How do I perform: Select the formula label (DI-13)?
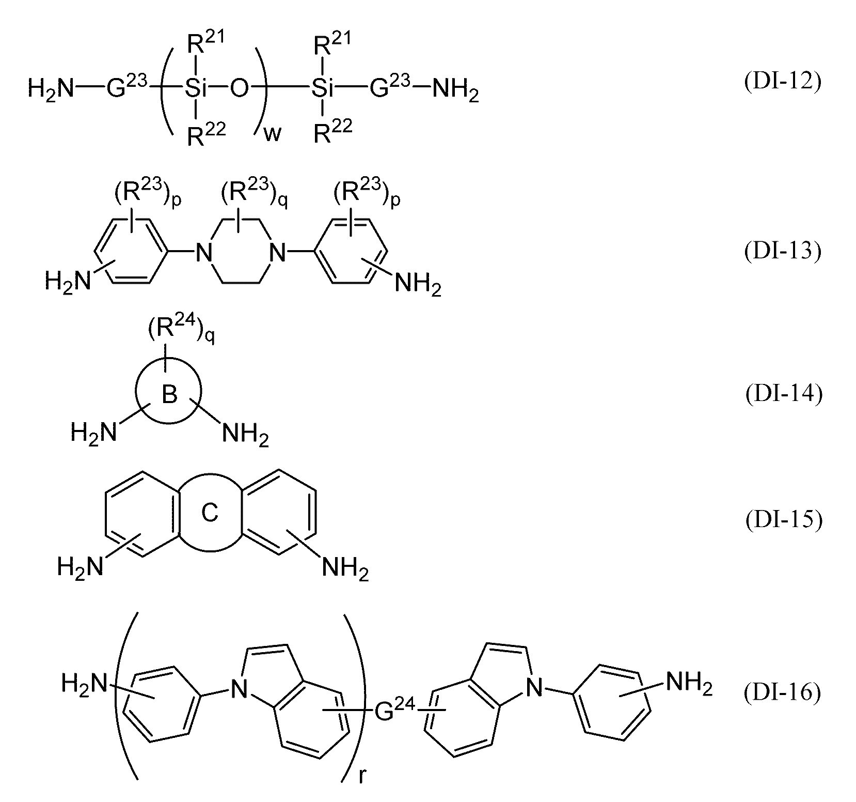[782, 252]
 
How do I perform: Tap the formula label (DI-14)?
[782, 395]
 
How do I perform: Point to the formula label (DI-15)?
[782, 520]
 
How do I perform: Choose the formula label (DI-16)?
[782, 693]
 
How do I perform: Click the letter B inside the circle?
[169, 395]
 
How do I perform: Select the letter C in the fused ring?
[210, 514]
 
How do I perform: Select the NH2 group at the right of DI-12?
[455, 91]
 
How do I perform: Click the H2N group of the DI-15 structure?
[81, 567]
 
